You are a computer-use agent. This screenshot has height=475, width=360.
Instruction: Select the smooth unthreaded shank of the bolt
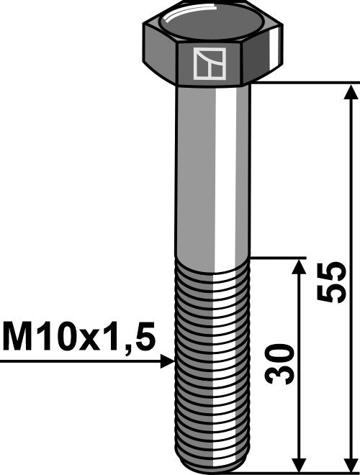pyautogui.click(x=213, y=173)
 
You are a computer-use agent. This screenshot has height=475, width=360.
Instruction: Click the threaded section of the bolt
pyautogui.click(x=213, y=360)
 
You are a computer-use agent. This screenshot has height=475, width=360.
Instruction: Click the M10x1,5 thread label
pyautogui.click(x=78, y=337)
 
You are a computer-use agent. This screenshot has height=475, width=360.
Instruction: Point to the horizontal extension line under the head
pyautogui.click(x=302, y=83)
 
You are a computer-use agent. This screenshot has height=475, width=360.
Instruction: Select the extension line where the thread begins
pyautogui.click(x=277, y=258)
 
